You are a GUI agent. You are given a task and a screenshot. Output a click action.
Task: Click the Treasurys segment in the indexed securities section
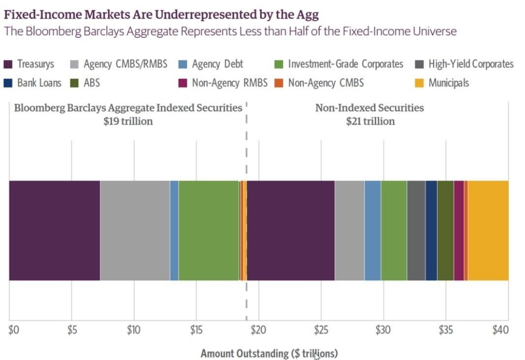coord(54,230)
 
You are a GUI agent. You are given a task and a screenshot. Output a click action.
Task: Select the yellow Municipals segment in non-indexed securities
coord(488,230)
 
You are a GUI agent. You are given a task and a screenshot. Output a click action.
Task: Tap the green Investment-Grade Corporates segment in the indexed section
coord(209,230)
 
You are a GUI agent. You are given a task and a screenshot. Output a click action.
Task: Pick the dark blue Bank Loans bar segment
coord(431,230)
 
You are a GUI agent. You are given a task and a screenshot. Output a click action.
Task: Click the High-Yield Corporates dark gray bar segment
coord(416,230)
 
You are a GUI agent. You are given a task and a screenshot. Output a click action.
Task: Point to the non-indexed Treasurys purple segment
coord(291,230)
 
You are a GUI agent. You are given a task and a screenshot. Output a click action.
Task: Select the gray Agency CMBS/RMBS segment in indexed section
coord(135,230)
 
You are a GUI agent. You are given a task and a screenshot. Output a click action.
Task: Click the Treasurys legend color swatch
coord(9,65)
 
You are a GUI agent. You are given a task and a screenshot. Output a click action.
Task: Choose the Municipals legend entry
coord(448,83)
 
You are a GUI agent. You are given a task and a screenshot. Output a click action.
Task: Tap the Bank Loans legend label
coord(39,83)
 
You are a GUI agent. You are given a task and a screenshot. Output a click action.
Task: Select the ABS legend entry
coord(92,83)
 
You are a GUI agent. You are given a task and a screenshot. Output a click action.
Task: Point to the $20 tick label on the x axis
coord(258,330)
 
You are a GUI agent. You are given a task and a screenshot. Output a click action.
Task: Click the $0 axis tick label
coord(14,330)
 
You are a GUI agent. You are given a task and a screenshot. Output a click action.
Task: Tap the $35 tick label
coord(446,330)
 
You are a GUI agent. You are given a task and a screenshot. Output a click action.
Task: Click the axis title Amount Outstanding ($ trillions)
coord(269,353)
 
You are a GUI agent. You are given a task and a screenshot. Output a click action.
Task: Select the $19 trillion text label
coord(128,121)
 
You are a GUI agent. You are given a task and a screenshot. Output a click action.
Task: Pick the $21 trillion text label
coord(370,121)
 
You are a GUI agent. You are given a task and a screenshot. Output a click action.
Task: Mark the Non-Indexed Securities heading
coord(370,108)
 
